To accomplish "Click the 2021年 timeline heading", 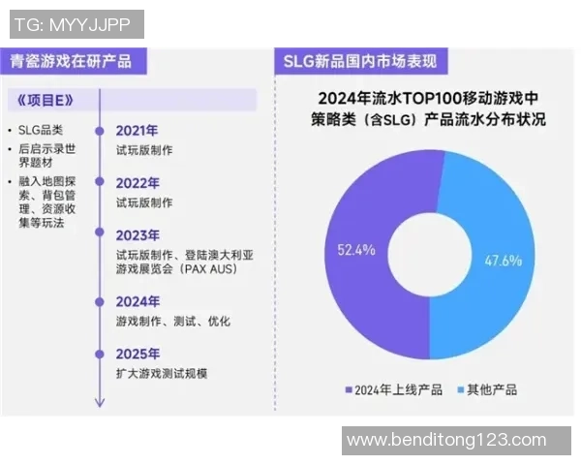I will click(x=137, y=131).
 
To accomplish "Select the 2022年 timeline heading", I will click(x=137, y=183).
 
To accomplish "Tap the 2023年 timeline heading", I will click(x=137, y=235).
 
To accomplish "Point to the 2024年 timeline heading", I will click(x=137, y=301).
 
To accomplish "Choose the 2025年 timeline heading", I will click(x=137, y=354).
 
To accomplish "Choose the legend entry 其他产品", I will click(x=492, y=389).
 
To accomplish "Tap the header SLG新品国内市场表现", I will click(x=359, y=61).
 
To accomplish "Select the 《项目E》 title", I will click(x=46, y=100).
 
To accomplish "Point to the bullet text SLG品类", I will click(x=45, y=130).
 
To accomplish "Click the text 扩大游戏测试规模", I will click(x=162, y=374).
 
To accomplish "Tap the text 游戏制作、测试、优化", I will click(x=172, y=321).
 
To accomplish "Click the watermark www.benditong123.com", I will click(x=445, y=440).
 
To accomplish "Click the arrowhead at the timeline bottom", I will click(x=98, y=403).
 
